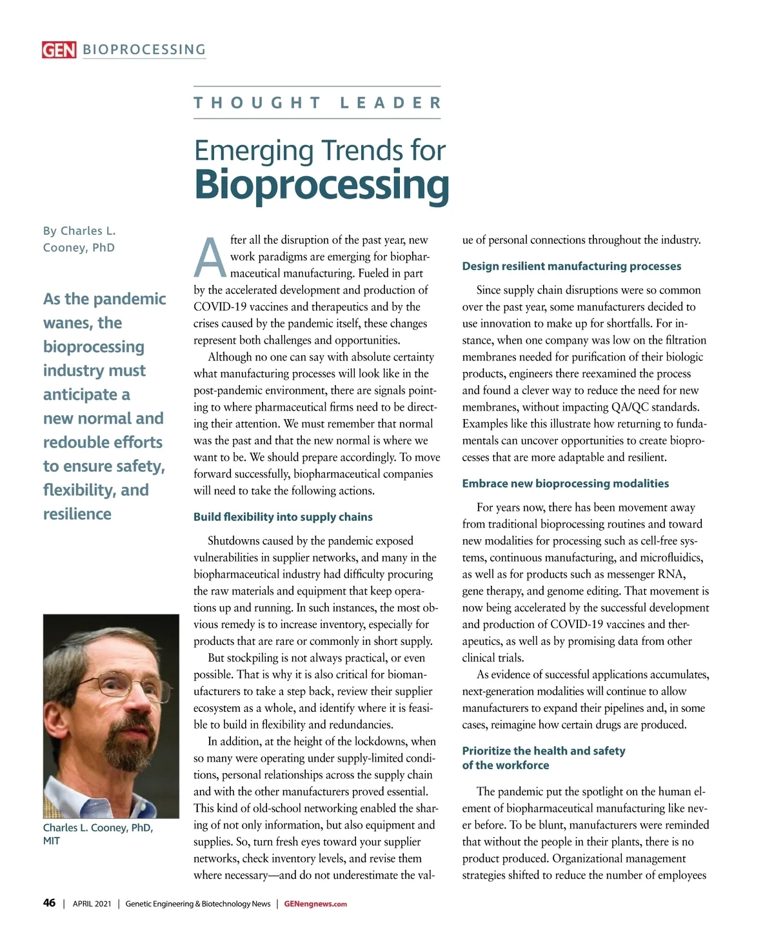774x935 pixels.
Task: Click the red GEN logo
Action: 59,50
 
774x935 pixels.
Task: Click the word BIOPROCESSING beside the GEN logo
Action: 144,50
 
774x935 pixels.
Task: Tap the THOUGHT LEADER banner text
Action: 317,103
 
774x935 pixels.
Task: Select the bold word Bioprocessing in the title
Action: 321,185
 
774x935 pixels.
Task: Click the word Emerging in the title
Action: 256,151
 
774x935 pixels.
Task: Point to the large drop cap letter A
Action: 210,258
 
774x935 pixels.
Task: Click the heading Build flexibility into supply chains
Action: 283,517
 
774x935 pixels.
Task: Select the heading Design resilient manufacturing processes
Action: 571,266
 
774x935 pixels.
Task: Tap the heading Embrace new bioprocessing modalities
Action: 565,484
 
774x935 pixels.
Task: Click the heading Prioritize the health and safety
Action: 543,751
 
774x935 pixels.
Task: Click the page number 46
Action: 49,903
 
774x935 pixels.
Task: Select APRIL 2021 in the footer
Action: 92,904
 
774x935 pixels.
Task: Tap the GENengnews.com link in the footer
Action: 315,904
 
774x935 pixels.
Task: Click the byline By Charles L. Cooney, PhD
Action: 79,239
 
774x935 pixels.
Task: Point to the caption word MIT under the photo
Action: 52,841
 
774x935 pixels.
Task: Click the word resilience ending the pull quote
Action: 77,514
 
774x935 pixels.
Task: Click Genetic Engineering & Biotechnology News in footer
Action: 197,904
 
